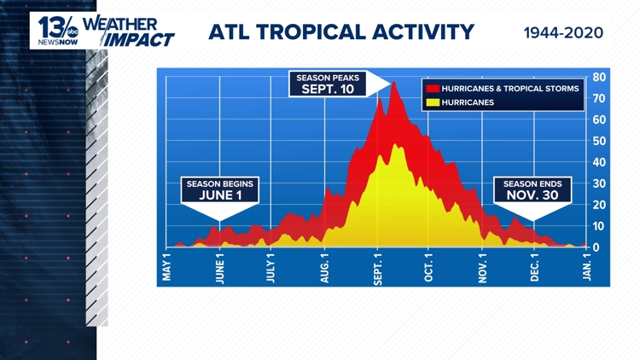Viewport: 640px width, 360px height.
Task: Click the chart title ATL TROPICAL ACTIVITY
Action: [341, 32]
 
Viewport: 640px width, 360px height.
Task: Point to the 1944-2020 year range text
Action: [563, 33]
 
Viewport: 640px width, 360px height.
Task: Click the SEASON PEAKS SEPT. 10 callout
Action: [329, 84]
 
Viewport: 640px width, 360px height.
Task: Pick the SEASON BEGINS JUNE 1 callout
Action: [220, 189]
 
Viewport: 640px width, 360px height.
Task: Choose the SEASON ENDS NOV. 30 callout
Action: [532, 189]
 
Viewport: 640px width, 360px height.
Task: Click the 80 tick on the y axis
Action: [599, 77]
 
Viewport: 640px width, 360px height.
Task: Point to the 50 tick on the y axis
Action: [599, 141]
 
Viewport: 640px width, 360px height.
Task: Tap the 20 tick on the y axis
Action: [599, 205]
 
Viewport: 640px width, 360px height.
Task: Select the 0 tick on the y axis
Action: [596, 247]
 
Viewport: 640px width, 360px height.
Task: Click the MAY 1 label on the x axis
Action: [168, 266]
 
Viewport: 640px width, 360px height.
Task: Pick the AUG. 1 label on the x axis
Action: [324, 267]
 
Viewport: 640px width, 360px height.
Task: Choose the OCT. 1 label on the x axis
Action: [429, 267]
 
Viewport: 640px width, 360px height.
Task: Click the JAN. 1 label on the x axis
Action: [587, 267]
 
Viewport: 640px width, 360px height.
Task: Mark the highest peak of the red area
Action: [393, 83]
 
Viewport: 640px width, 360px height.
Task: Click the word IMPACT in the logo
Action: [141, 39]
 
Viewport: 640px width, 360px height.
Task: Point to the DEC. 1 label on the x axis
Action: [535, 267]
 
